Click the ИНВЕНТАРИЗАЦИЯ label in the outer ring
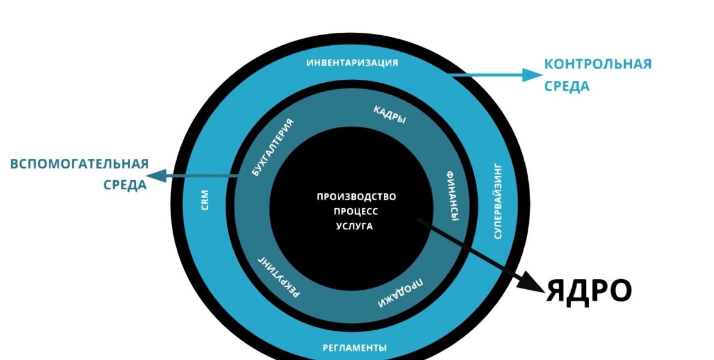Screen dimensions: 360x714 coord(352,62)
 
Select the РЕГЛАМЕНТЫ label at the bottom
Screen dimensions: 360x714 coord(355,348)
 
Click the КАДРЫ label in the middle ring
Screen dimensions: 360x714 coord(390,114)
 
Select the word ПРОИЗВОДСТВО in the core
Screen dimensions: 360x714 coord(356,197)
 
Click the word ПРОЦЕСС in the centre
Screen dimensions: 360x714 coord(355,211)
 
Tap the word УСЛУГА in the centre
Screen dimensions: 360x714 coord(355,226)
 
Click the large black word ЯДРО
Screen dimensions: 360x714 coord(588,290)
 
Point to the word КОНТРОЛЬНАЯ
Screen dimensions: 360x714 coord(598,64)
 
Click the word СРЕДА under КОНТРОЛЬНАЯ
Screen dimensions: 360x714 coord(567,86)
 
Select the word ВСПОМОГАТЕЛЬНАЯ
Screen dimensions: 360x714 coord(79,164)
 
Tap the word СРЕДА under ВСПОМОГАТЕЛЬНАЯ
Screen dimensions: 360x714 coord(125,185)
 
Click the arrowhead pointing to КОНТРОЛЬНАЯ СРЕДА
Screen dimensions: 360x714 coord(531,75)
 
